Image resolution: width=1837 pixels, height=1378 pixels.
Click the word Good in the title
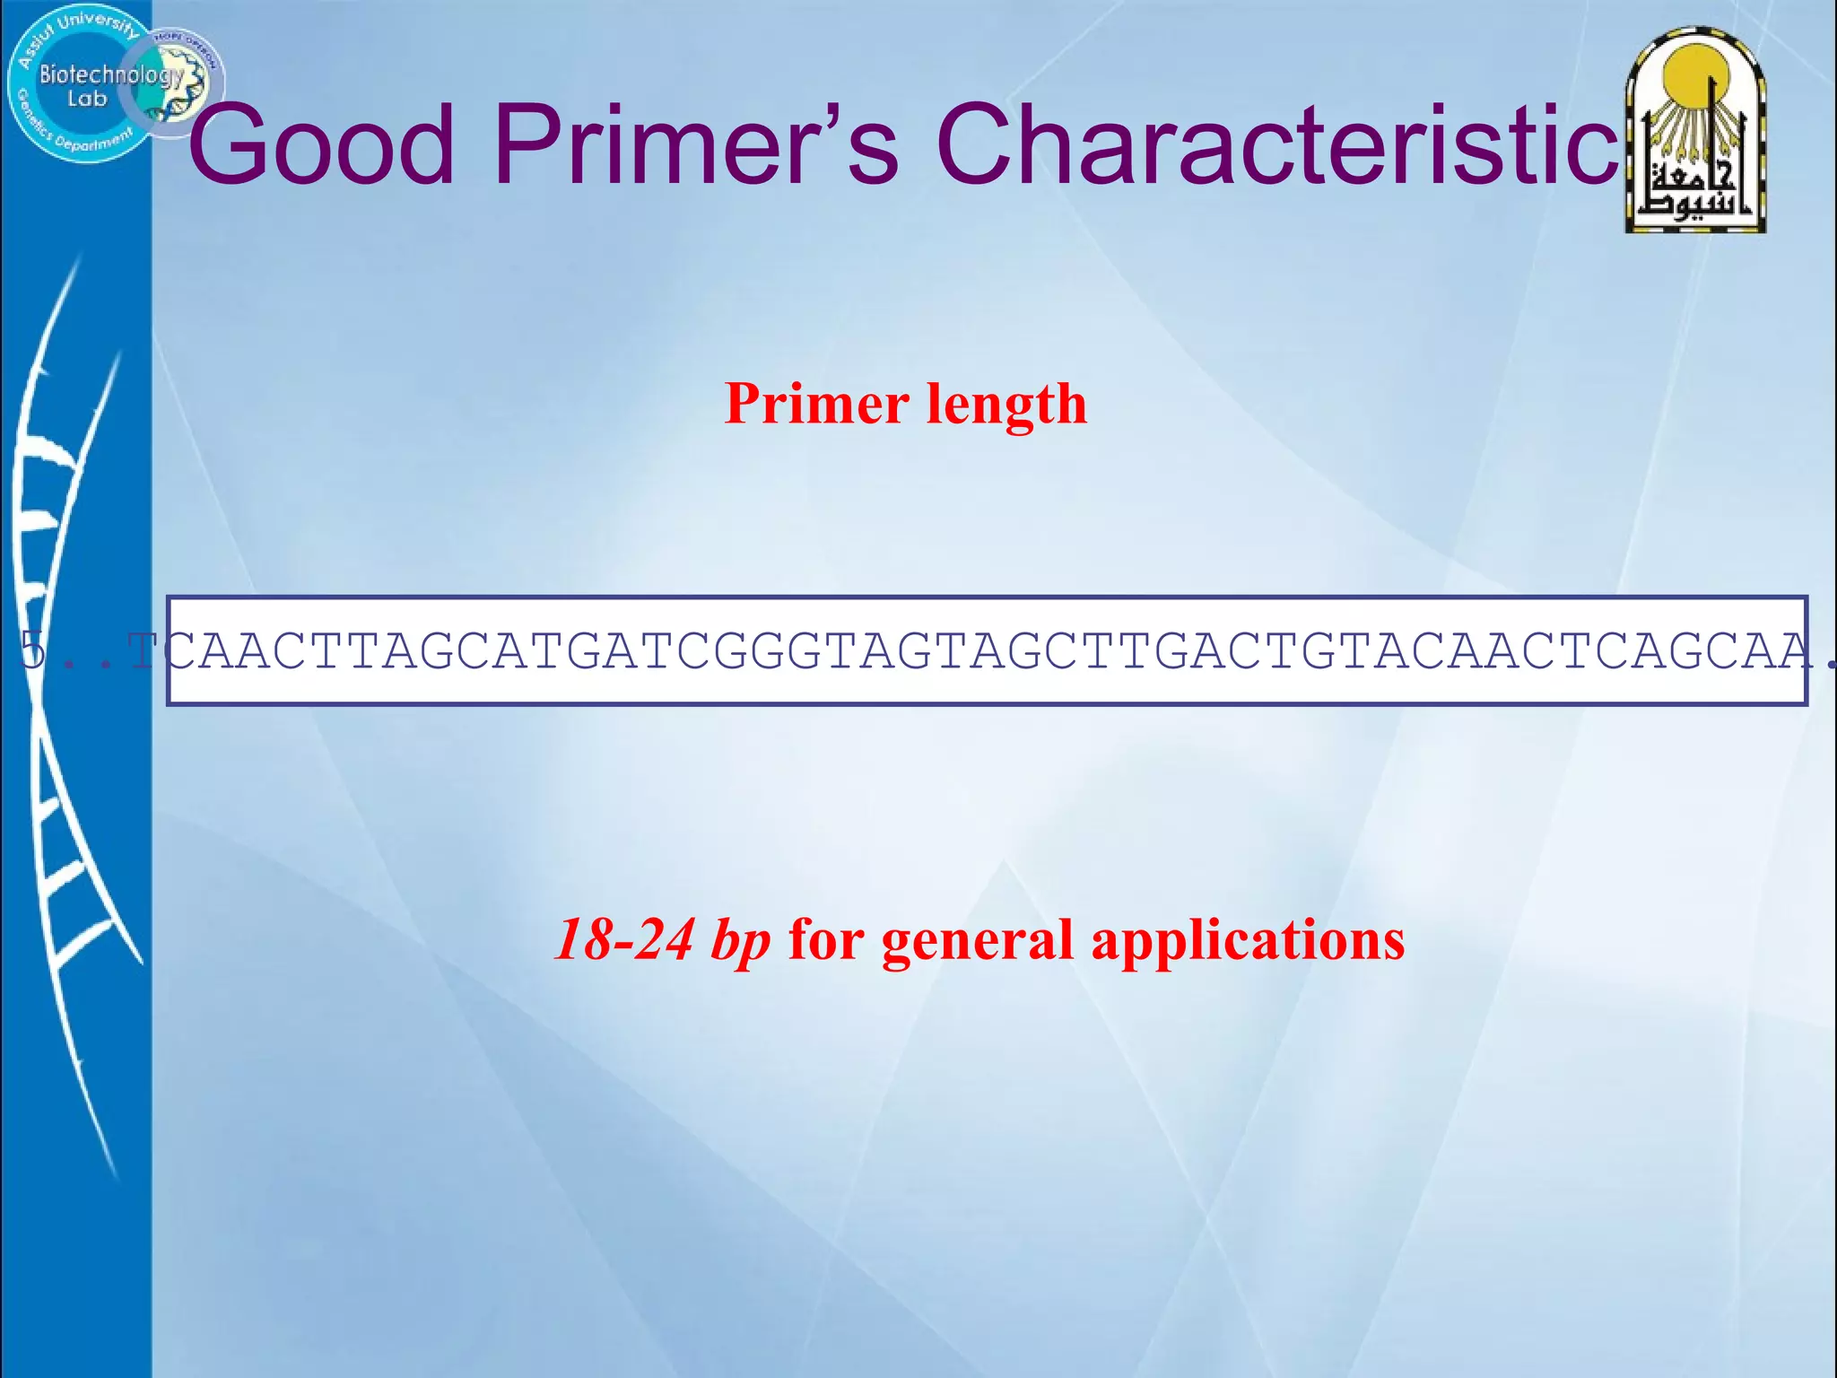[321, 145]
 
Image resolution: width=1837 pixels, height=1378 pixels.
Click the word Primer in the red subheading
[816, 404]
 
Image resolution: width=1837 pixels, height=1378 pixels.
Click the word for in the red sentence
[825, 940]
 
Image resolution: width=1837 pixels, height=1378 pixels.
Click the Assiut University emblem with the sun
[1695, 130]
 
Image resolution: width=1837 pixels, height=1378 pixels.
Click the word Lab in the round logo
[87, 99]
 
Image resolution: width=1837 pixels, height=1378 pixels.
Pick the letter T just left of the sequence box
[144, 650]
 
